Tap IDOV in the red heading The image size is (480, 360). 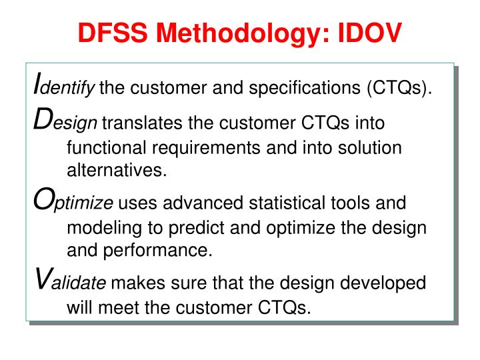coord(366,31)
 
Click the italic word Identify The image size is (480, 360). coord(64,87)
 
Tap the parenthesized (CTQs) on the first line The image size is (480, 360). coord(397,87)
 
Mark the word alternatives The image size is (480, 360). coord(116,171)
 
